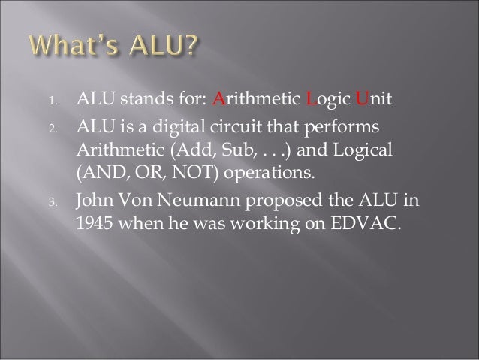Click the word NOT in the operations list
200,174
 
